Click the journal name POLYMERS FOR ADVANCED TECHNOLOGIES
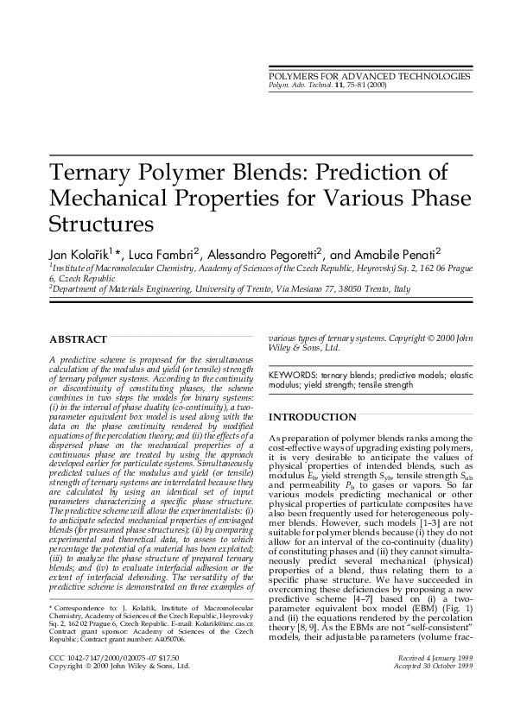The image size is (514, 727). coord(371,77)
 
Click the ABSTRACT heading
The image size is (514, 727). coord(79,339)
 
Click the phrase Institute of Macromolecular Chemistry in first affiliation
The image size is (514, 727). coord(119,269)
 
